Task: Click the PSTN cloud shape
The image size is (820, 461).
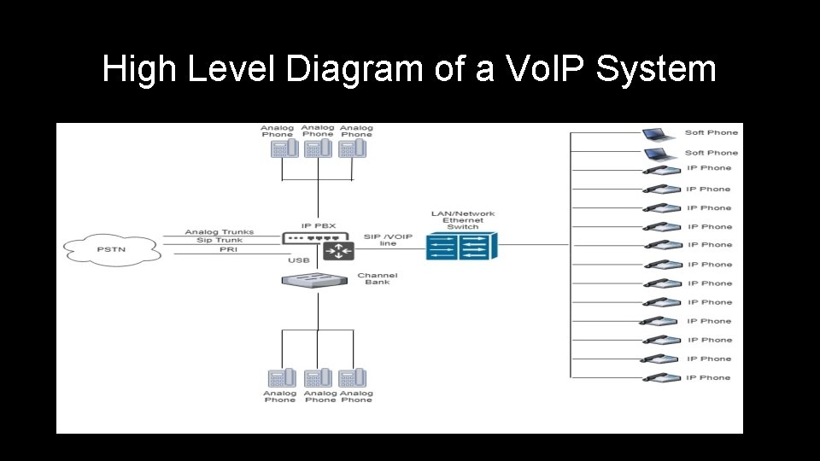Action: (x=112, y=251)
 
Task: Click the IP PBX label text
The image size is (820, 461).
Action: (x=318, y=225)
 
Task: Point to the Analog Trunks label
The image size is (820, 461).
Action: (x=220, y=232)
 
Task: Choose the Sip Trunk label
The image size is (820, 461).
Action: (x=220, y=241)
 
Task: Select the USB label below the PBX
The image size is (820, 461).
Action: (x=299, y=260)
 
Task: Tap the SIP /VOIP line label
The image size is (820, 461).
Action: (x=388, y=240)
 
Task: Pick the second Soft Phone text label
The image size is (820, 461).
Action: (x=711, y=153)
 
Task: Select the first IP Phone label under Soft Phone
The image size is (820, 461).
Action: (x=709, y=168)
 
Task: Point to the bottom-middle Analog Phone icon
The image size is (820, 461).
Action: (x=317, y=378)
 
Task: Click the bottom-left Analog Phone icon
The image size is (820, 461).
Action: (x=281, y=378)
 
